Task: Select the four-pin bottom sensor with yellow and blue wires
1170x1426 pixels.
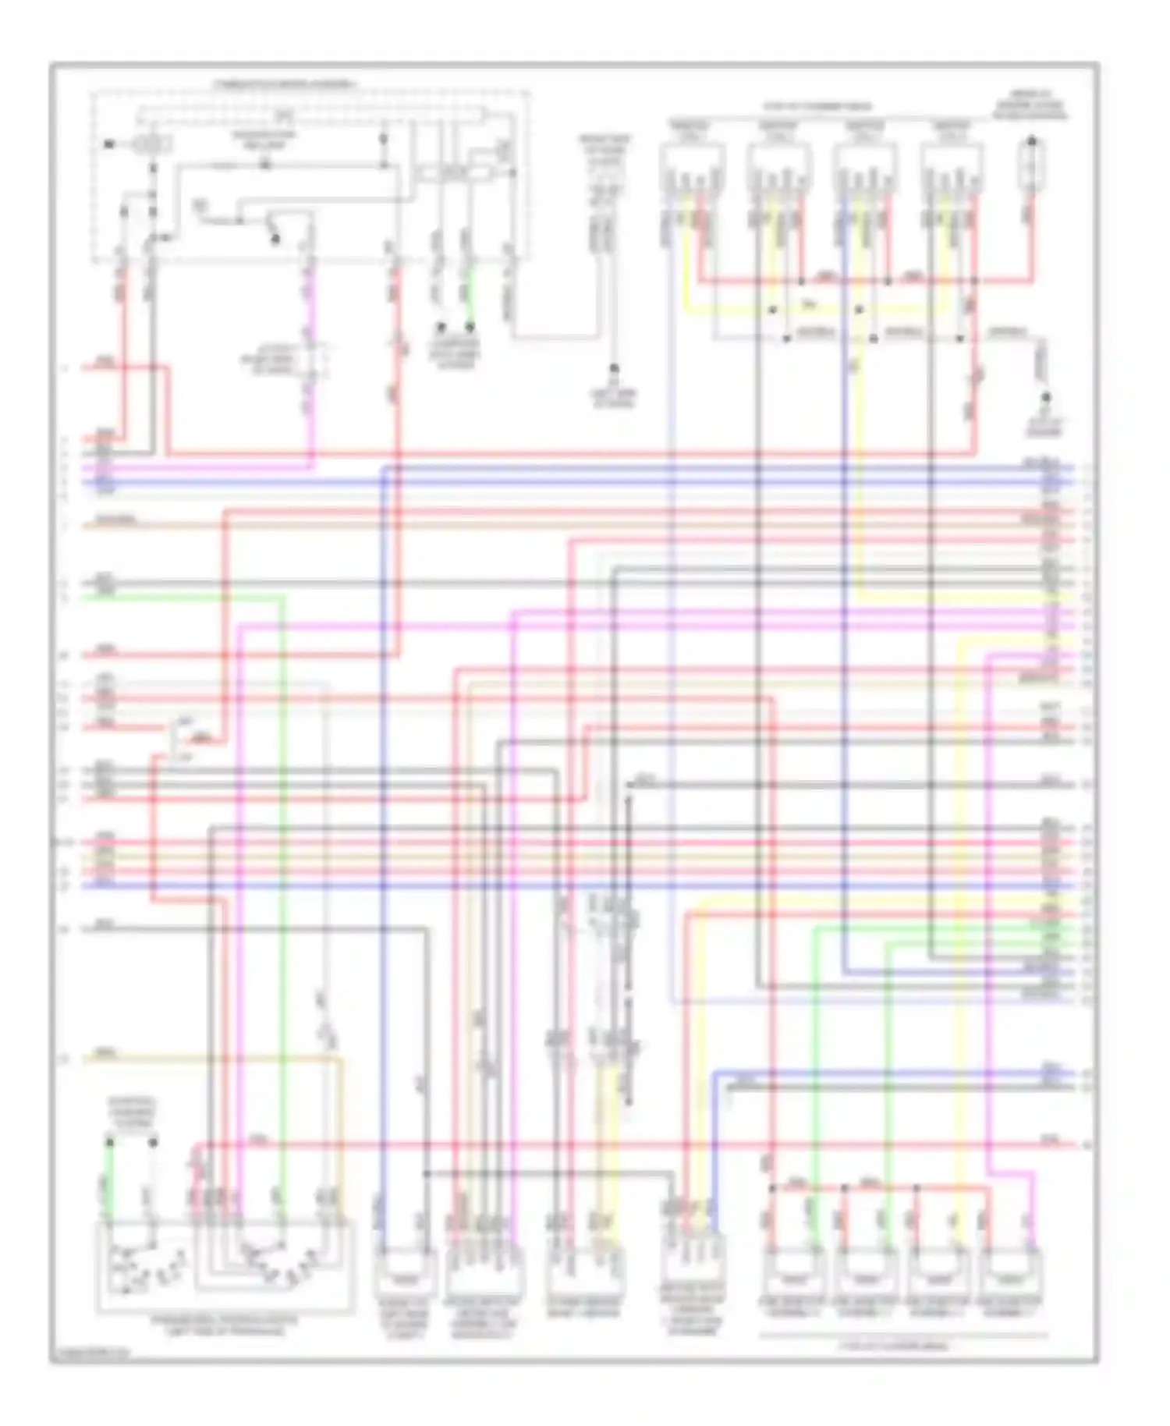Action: click(693, 1268)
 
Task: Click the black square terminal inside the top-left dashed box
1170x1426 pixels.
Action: click(108, 144)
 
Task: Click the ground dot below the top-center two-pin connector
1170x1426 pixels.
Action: click(614, 368)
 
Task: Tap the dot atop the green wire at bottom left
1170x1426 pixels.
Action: click(110, 1143)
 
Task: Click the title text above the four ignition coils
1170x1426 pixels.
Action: click(817, 107)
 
